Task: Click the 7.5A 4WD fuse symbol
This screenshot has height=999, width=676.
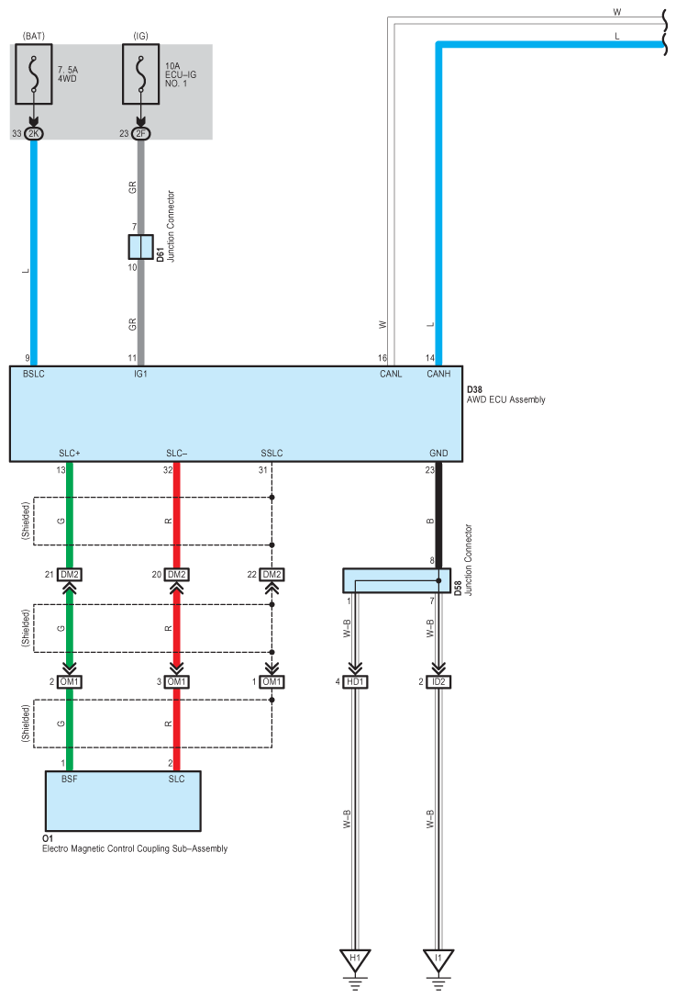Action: (x=34, y=73)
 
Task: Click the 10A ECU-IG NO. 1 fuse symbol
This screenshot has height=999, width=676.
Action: (x=140, y=73)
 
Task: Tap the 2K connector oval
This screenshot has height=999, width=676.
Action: (x=34, y=134)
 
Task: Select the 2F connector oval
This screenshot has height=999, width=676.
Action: (x=140, y=134)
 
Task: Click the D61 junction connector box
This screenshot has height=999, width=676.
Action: (x=140, y=247)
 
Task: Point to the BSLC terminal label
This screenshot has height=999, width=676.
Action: (x=34, y=374)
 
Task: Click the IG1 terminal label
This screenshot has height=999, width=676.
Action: (x=140, y=374)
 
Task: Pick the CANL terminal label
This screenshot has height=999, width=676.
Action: (x=391, y=374)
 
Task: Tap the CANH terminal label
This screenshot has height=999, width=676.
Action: (x=438, y=374)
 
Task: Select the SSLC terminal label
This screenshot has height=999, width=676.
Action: (x=272, y=453)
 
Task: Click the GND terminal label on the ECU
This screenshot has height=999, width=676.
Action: (x=438, y=453)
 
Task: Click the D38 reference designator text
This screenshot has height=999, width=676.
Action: (x=475, y=389)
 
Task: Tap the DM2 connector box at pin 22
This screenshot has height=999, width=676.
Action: (x=272, y=575)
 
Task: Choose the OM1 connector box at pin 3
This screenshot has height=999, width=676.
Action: (x=177, y=681)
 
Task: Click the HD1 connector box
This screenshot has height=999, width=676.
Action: (x=355, y=681)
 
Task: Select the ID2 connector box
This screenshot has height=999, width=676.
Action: (x=438, y=681)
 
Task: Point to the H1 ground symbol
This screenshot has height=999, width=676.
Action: (x=355, y=961)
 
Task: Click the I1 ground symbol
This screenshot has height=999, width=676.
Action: (x=438, y=961)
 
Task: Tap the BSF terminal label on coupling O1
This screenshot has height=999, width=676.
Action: (x=70, y=780)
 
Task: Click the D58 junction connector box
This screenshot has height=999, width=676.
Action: (x=396, y=580)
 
